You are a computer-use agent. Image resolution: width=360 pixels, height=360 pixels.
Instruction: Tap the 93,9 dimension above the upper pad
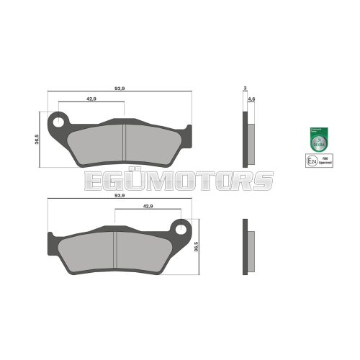click(x=120, y=88)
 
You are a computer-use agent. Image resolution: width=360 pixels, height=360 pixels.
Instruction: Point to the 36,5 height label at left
click(x=37, y=138)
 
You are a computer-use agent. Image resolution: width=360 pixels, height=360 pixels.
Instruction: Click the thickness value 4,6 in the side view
click(x=251, y=98)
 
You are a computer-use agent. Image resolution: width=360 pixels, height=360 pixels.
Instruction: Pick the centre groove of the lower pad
click(x=117, y=249)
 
